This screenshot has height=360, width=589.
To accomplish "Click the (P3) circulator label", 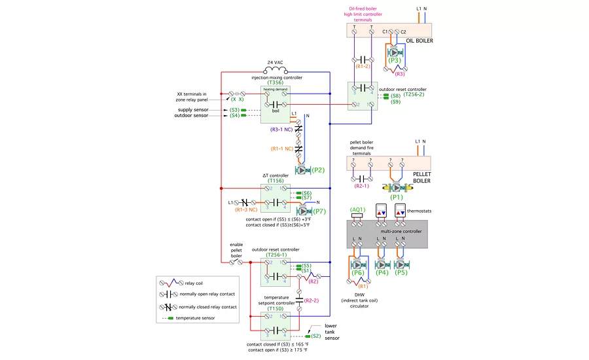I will [x=395, y=60].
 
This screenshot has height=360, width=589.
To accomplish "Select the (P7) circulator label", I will [x=319, y=211].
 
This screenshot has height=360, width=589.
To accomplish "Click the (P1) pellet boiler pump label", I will [x=397, y=196].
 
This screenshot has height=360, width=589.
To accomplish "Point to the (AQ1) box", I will [x=357, y=210].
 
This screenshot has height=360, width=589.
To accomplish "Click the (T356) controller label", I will [x=276, y=83].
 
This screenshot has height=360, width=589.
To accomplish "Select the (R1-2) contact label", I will [x=363, y=67].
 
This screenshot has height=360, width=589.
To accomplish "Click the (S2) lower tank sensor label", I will [x=316, y=336].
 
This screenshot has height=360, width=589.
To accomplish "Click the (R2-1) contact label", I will [x=363, y=186].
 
